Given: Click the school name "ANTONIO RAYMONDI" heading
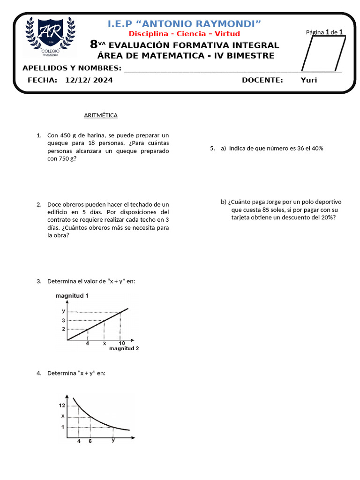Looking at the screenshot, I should point(185,23).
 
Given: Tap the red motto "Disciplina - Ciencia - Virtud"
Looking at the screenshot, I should point(184,34).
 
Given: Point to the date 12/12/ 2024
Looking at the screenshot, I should point(89,80).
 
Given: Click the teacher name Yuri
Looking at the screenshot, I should point(308,80).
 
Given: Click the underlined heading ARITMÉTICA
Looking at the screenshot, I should point(101,115).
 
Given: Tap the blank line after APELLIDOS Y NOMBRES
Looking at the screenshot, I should point(232,69).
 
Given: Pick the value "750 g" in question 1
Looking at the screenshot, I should point(66,158).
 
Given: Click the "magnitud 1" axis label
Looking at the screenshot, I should point(72,296).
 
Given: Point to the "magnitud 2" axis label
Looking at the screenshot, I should point(124,348).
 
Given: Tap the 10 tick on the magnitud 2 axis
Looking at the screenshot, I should point(121,343).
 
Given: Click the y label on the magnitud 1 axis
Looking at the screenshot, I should point(63,311).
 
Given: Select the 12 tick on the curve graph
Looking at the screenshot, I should point(62,405).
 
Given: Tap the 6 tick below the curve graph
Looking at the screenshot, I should point(90,441).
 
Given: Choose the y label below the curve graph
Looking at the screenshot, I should point(113,440).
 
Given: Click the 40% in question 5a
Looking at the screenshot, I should point(317,148).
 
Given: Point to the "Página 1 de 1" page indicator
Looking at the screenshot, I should point(324,32).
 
